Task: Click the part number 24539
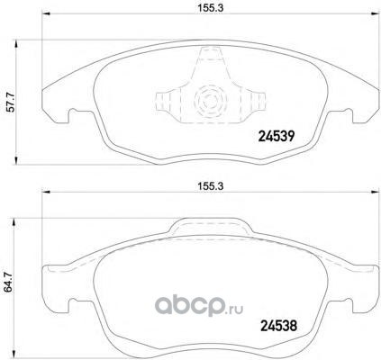pyautogui.click(x=277, y=137)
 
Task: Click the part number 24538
pyautogui.click(x=278, y=325)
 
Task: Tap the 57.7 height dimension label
pyautogui.click(x=11, y=103)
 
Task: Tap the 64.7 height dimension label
pyautogui.click(x=9, y=282)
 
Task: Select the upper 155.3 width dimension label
pyautogui.click(x=210, y=8)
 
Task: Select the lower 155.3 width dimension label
pyautogui.click(x=210, y=186)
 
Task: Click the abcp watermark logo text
pyautogui.click(x=189, y=305)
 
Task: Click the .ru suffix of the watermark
pyautogui.click(x=234, y=309)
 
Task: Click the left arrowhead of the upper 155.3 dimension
pyautogui.click(x=45, y=13)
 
